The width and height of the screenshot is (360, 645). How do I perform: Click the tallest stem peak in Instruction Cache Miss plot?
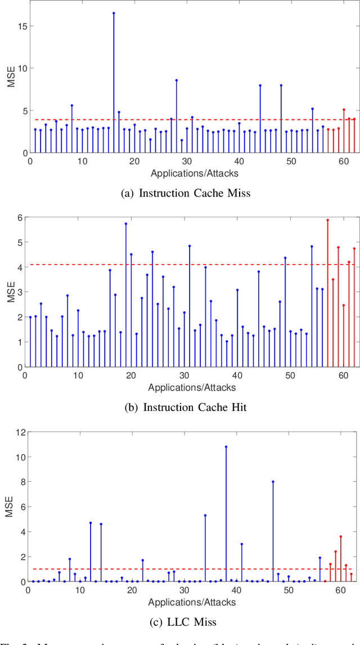click(x=114, y=13)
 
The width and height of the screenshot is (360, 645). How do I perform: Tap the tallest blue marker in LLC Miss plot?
click(x=226, y=446)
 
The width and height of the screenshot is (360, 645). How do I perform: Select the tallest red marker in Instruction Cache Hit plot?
click(x=327, y=220)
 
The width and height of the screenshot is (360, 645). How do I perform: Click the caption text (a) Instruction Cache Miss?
click(x=186, y=193)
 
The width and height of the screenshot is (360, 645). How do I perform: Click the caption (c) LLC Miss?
click(x=186, y=622)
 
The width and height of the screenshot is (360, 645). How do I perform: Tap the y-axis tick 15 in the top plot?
click(x=21, y=26)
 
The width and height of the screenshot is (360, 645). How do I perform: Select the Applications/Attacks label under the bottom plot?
click(x=192, y=602)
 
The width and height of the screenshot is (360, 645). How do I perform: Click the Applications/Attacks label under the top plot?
click(x=192, y=173)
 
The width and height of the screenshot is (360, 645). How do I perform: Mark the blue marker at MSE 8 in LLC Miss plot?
click(x=273, y=481)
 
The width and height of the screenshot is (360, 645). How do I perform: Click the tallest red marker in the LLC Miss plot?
click(x=340, y=536)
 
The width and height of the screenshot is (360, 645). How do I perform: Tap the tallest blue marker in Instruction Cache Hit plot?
click(x=126, y=223)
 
